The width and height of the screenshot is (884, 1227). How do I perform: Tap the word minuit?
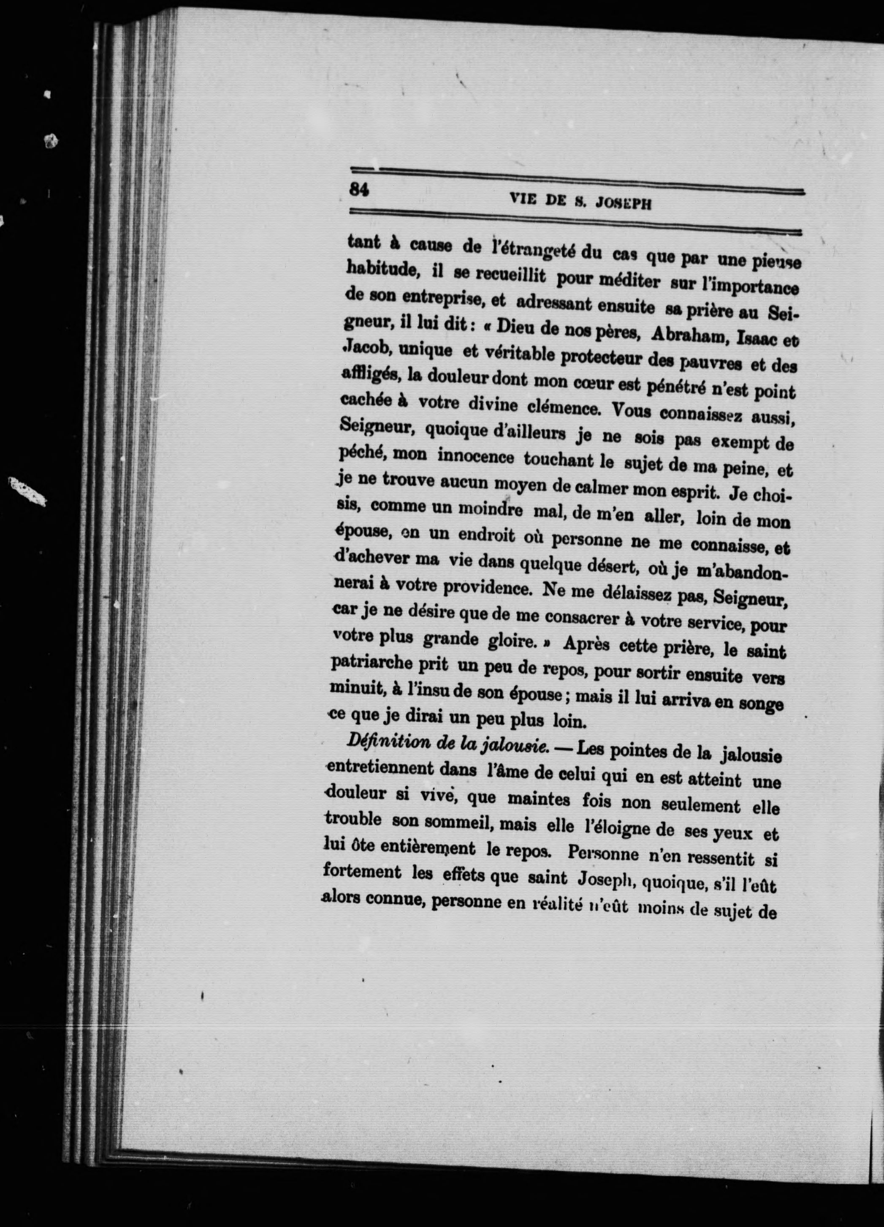(x=355, y=690)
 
